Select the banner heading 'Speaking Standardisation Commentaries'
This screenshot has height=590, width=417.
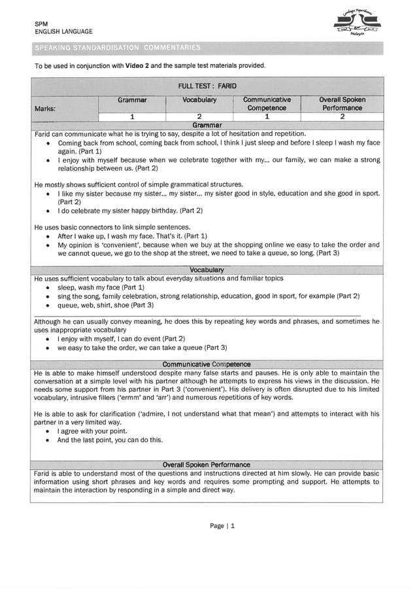pos(118,47)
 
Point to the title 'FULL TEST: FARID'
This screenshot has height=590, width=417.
pos(207,86)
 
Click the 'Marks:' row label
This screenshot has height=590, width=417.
pos(46,108)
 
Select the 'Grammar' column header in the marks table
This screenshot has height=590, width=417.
pos(132,100)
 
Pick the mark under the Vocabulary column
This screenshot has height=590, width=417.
pos(199,117)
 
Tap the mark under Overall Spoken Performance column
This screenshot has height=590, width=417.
pos(342,117)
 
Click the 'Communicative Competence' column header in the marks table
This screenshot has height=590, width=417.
pos(267,104)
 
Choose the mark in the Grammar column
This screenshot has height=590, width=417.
pos(132,117)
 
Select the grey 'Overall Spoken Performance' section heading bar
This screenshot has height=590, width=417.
pos(207,464)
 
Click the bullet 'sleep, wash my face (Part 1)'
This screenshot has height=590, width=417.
pos(101,287)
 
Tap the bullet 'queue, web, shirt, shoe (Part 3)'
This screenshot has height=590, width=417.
pos(105,304)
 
